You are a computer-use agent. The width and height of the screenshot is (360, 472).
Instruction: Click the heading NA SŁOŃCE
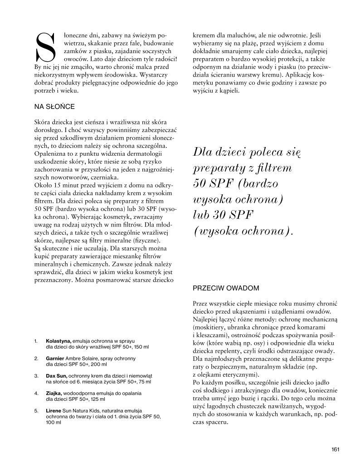click(x=54, y=107)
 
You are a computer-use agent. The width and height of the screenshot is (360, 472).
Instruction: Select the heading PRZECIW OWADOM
click(x=226, y=288)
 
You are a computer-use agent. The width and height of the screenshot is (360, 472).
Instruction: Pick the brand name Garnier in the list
click(x=56, y=358)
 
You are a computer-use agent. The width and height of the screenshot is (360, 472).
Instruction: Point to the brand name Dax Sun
click(x=57, y=376)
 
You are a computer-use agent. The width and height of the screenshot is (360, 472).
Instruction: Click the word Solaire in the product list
click(x=94, y=358)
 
